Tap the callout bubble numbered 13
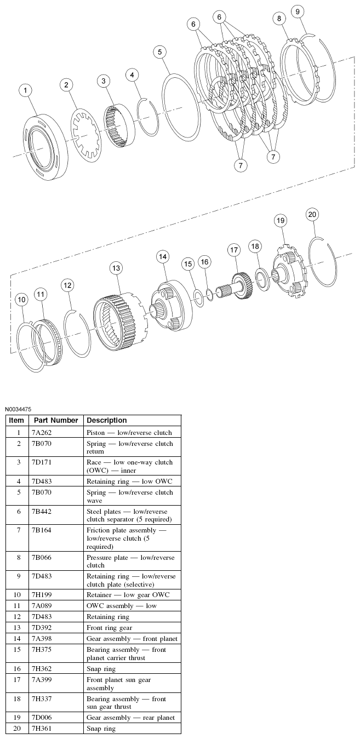[x=116, y=268]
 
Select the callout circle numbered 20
[x=312, y=214]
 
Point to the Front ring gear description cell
[x=109, y=627]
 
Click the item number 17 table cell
[x=18, y=679]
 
